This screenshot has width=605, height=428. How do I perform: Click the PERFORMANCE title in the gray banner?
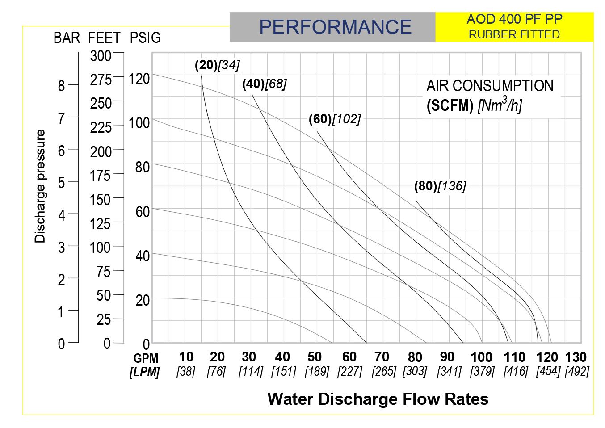[x=335, y=27]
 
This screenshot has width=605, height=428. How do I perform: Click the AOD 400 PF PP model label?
[x=514, y=19]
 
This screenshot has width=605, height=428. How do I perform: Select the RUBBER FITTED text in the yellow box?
[x=514, y=34]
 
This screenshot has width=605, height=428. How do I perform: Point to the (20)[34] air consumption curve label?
[x=217, y=65]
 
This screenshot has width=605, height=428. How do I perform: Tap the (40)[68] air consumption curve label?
[x=265, y=84]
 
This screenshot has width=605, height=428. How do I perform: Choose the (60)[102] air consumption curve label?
[x=335, y=119]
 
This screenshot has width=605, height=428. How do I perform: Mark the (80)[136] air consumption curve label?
[x=440, y=186]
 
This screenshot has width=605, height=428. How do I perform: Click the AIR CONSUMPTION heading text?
[x=490, y=86]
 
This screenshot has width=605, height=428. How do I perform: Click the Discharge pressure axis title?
[x=40, y=186]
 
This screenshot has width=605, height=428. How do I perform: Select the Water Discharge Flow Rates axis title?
[x=378, y=399]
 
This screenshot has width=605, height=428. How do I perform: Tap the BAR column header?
[x=67, y=38]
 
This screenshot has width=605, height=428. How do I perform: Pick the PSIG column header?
[x=145, y=38]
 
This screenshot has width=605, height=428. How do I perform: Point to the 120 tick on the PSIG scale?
[x=139, y=79]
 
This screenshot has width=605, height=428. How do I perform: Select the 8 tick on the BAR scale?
[x=61, y=86]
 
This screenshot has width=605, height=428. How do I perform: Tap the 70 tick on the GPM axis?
[x=382, y=357]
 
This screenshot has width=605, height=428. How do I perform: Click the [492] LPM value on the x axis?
[x=577, y=371]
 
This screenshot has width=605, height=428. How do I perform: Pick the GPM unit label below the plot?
[x=146, y=358]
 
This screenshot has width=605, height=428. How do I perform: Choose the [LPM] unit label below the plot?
[x=145, y=372]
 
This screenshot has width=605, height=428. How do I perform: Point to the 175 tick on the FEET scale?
[x=100, y=176]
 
